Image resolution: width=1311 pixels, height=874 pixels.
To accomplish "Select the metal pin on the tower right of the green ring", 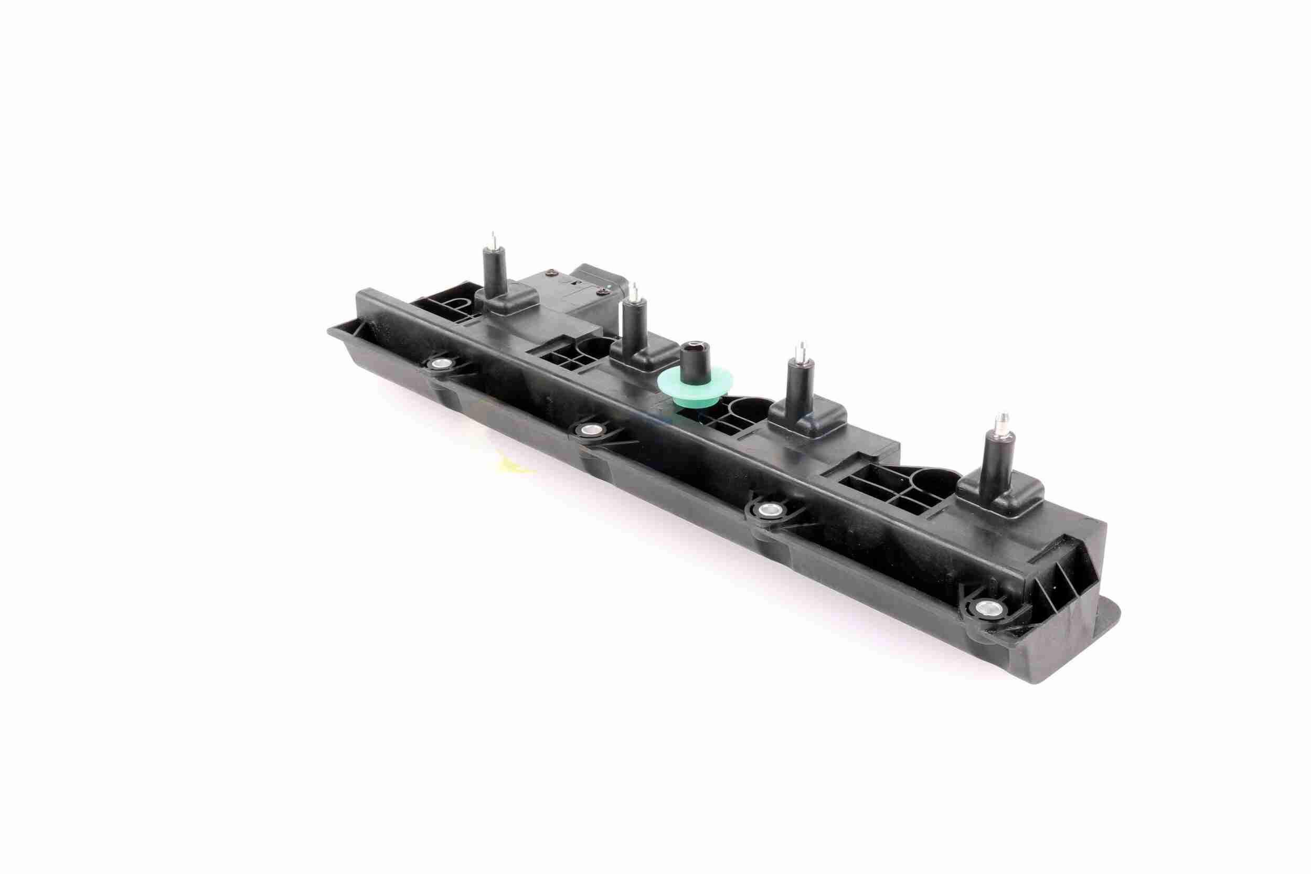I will point(800,351).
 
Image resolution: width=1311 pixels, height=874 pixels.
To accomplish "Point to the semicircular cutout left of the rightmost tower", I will point(934,483).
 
